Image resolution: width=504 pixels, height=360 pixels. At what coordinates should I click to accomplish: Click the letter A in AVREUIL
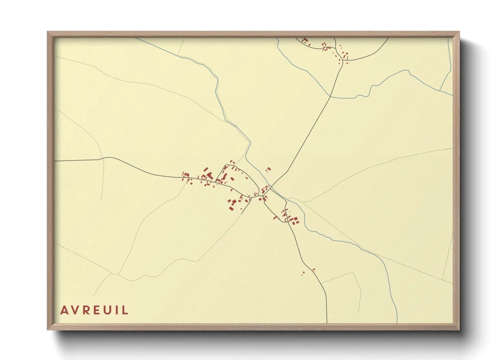click(x=64, y=310)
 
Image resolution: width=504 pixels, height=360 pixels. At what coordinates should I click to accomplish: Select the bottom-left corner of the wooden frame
click(x=48, y=329)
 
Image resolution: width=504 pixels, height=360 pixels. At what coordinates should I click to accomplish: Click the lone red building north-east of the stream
click(x=268, y=169)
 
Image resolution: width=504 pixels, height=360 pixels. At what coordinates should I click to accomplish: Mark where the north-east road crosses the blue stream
click(x=330, y=97)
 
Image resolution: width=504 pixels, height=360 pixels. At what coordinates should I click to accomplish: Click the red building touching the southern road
click(x=314, y=270)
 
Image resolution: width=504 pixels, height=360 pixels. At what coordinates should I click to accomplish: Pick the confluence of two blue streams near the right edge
click(x=439, y=91)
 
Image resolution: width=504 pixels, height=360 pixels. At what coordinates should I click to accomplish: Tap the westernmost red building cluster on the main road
click(x=186, y=176)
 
